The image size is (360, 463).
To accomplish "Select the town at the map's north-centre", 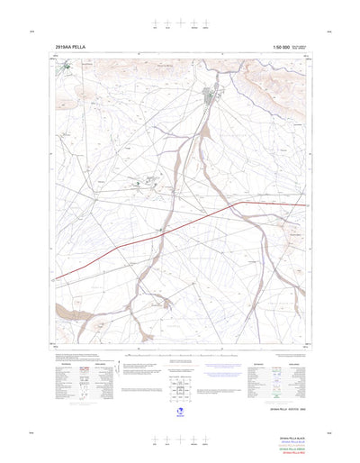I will click(x=212, y=95).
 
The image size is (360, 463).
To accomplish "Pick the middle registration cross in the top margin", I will click(x=179, y=23).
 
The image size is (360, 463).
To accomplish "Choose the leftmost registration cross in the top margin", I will click(x=156, y=23).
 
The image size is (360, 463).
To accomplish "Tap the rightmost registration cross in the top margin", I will click(x=203, y=23).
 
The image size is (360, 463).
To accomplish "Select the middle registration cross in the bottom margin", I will click(x=179, y=440).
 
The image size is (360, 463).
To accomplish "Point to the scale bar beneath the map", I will click(x=179, y=355).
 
